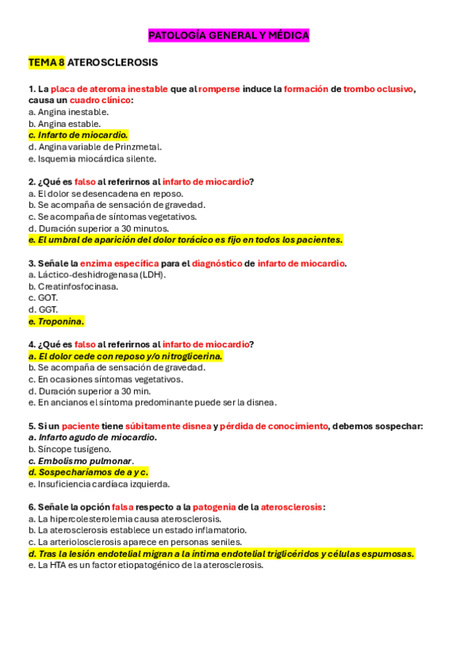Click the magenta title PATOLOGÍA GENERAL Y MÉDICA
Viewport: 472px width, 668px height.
[229, 35]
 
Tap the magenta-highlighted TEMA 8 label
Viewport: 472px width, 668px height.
[46, 61]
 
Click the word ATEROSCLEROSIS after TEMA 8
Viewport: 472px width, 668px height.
[113, 61]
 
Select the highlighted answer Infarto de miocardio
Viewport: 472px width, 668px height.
[77, 135]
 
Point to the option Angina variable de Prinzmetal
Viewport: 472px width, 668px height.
[95, 147]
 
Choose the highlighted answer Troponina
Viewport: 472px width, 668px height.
[56, 321]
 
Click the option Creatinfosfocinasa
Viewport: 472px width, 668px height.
[73, 286]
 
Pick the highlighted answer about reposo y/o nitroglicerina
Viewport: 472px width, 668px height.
[125, 356]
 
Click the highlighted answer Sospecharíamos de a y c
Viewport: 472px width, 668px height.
[88, 472]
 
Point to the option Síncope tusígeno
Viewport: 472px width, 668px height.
[69, 449]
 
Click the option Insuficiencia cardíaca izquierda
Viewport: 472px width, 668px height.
[98, 484]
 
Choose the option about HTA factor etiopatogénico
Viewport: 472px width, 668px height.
[145, 565]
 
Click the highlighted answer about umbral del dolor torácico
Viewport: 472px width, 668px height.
[185, 239]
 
